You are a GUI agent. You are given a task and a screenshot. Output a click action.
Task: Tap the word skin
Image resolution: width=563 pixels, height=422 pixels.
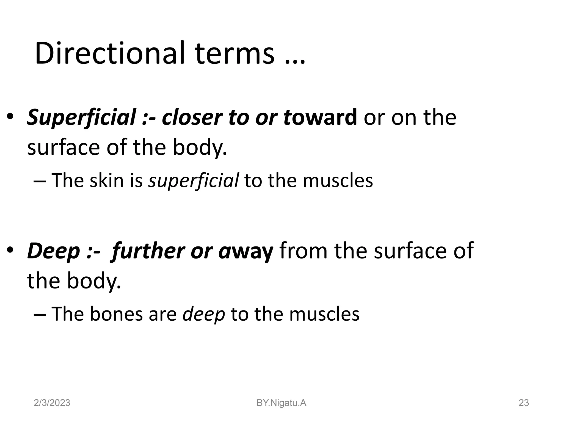[x=107, y=181]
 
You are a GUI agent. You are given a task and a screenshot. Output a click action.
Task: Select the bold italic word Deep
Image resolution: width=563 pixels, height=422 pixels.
[x=54, y=252]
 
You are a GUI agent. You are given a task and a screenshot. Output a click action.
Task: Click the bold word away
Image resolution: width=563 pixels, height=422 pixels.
[x=246, y=252]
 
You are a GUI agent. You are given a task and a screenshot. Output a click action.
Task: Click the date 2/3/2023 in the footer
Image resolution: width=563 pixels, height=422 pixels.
[x=52, y=403]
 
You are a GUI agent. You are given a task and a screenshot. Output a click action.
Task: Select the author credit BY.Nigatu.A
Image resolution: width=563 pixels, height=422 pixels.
[x=281, y=403]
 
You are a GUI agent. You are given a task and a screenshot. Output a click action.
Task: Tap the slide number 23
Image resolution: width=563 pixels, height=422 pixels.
[x=523, y=403]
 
